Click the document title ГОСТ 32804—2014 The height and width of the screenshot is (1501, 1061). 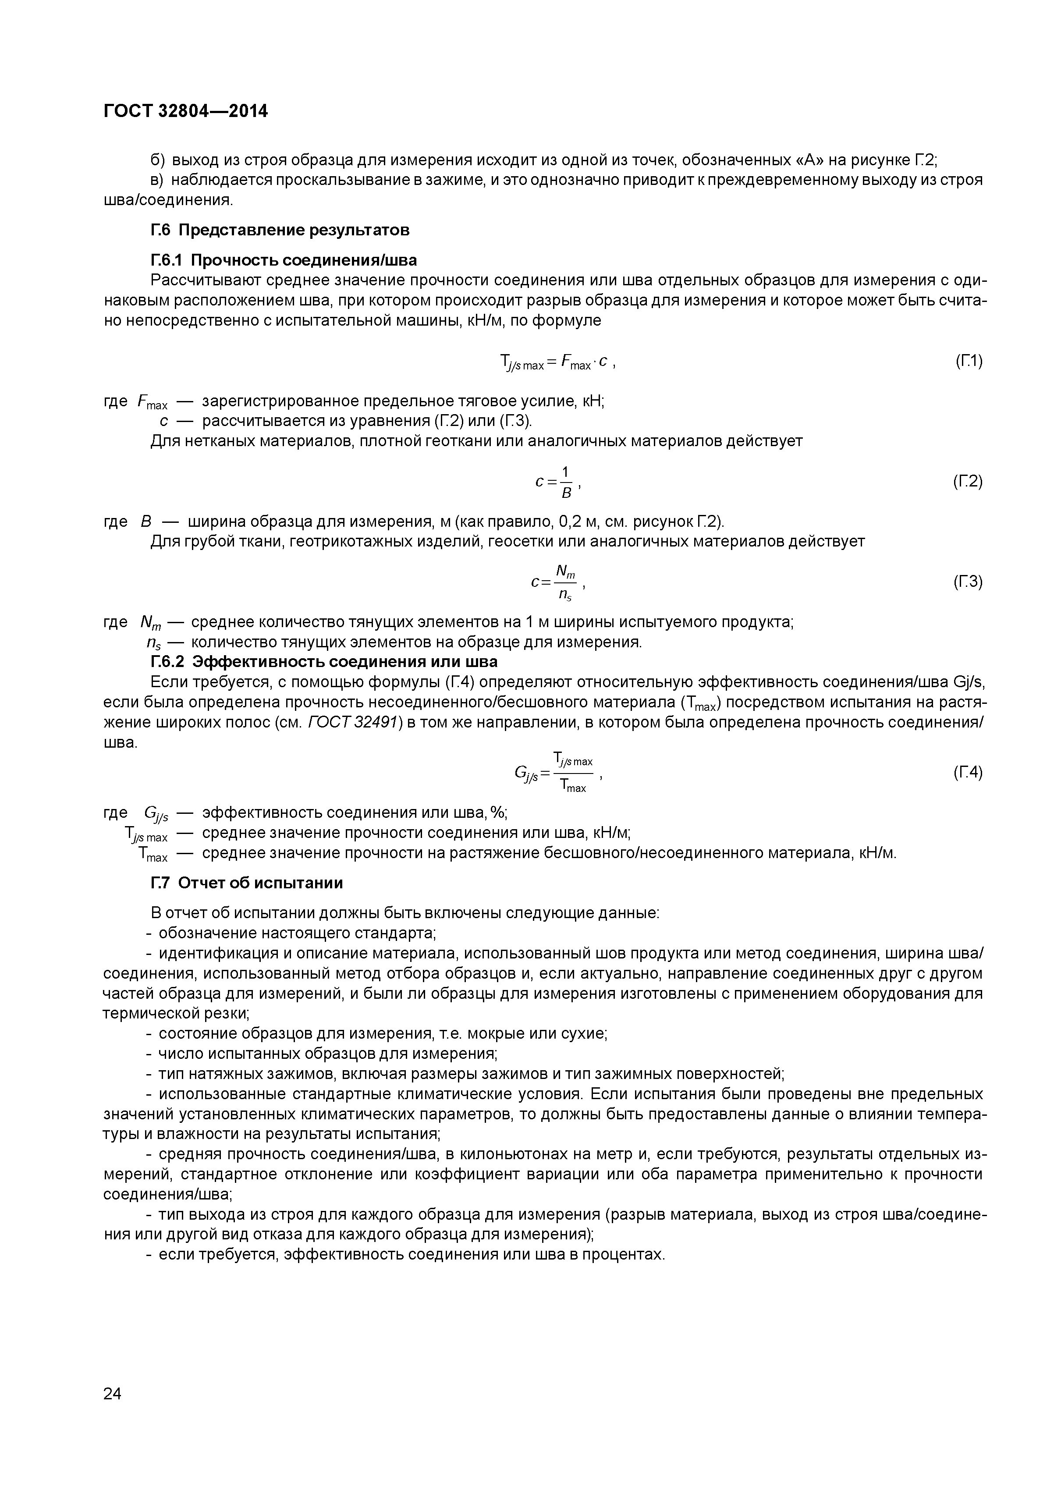[186, 112]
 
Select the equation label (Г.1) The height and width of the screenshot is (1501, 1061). [968, 360]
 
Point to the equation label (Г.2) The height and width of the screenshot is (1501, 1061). [968, 482]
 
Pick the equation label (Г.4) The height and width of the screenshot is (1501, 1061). [968, 773]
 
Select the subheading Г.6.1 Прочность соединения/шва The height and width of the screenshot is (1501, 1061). [283, 260]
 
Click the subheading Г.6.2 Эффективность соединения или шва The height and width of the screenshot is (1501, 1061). [323, 662]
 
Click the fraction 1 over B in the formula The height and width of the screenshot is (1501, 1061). [566, 482]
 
